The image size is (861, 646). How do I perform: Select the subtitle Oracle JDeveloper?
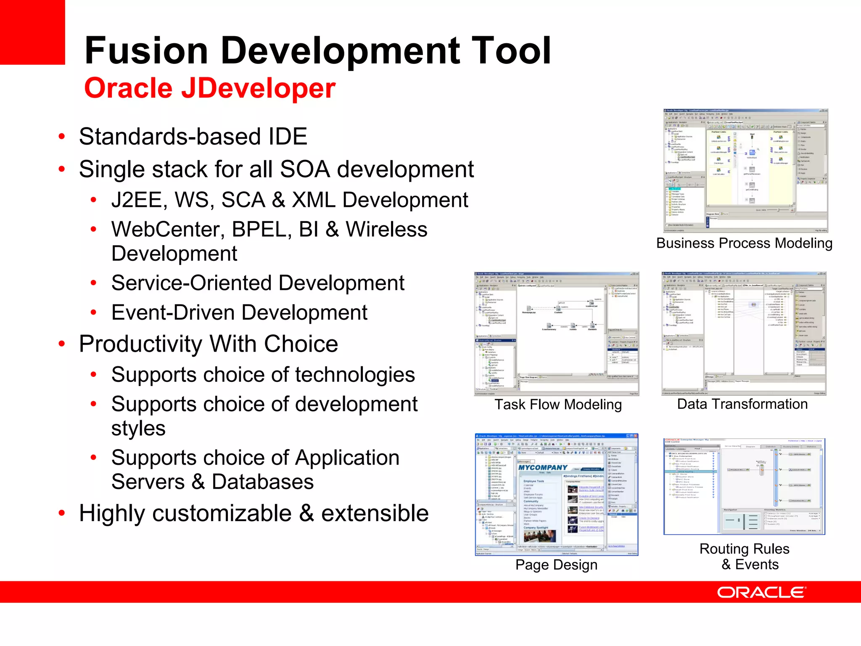point(209,88)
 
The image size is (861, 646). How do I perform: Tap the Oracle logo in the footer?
point(761,592)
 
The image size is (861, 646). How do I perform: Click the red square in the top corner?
point(32,32)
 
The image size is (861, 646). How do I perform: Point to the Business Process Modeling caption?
point(744,243)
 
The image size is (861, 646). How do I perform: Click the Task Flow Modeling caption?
point(558,404)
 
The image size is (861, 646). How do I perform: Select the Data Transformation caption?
point(742,404)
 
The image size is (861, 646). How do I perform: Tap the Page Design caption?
point(556,564)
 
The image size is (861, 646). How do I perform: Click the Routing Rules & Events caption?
point(745,556)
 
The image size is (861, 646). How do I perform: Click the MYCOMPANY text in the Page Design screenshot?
point(543,468)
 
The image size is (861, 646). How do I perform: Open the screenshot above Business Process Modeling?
point(745,170)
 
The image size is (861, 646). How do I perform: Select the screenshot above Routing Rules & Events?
point(744,486)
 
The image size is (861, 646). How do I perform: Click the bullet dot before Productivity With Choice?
point(62,344)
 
